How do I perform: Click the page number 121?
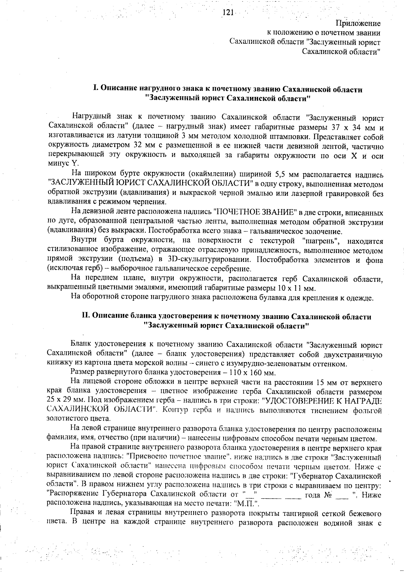coord(228,13)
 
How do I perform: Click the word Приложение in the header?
coord(358,24)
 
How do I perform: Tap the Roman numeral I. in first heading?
coord(95,89)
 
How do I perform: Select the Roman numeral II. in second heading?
coord(87,317)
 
